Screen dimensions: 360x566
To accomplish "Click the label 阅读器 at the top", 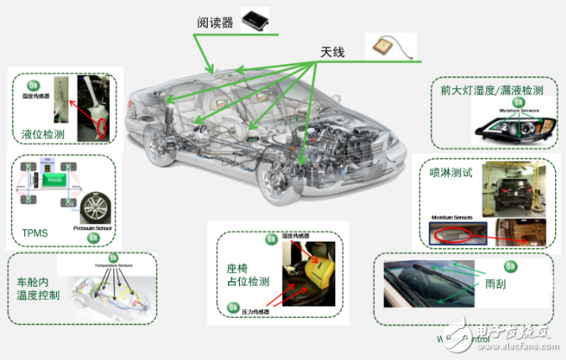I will pyautogui.click(x=215, y=23).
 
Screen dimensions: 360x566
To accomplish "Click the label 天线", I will pyautogui.click(x=334, y=52).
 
